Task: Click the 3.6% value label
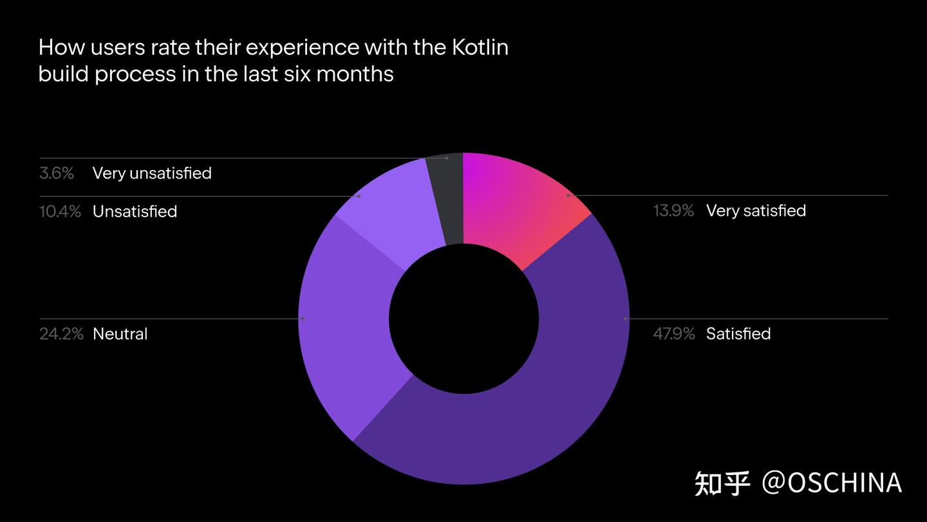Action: coord(57,173)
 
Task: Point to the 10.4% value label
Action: coord(60,211)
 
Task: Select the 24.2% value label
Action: coord(61,334)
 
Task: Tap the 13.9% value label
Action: coord(673,211)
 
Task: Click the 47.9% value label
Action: coord(673,334)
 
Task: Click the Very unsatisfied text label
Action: coord(152,173)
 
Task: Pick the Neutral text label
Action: coord(120,334)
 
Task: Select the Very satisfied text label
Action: coord(756,211)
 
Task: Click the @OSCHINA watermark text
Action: coord(832,483)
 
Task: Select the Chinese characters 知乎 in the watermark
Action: coord(722,483)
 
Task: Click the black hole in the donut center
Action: coord(464,319)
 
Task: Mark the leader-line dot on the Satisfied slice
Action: coord(625,318)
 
